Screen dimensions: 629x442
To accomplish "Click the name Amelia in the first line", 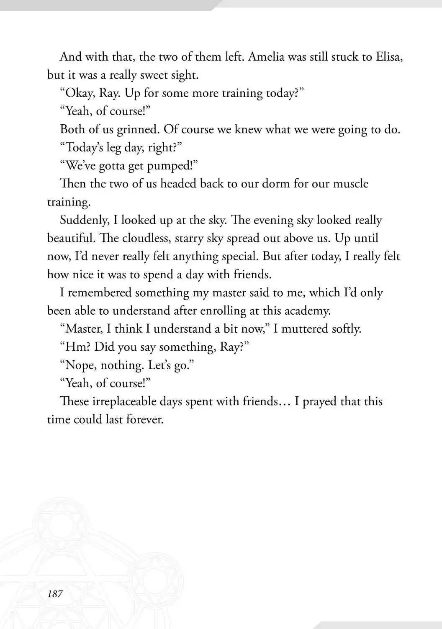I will tap(266, 57).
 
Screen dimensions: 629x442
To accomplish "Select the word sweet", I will tap(154, 75).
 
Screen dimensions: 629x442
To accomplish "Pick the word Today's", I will tap(84, 147).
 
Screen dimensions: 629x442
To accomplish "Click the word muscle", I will tap(351, 184).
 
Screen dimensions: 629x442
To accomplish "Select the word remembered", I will tap(100, 293).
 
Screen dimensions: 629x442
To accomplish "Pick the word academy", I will tap(307, 311).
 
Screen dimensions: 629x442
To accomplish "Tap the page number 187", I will tap(55, 593).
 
